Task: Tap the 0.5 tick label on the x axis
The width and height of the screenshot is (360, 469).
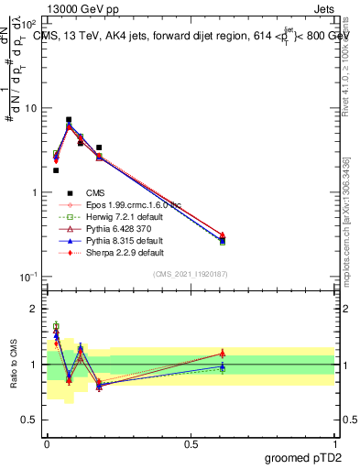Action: point(191,442)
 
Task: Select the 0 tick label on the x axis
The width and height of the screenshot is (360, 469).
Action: point(47,442)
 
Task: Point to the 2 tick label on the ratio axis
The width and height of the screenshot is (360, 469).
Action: point(35,309)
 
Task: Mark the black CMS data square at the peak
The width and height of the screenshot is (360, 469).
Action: point(69,120)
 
